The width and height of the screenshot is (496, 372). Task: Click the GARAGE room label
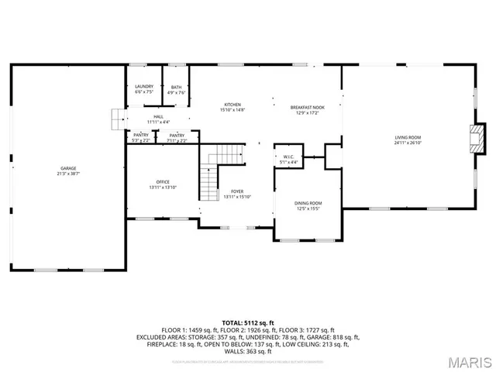68,168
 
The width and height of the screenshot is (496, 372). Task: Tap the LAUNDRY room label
144,86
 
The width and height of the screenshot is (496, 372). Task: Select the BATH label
177,87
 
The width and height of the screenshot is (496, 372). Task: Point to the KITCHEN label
232,105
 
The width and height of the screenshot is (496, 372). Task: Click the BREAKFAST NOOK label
308,107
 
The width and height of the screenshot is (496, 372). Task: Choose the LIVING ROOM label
408,137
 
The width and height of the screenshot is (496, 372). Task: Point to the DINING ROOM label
308,203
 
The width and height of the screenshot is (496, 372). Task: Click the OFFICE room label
163,182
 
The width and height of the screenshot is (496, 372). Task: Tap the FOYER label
237,191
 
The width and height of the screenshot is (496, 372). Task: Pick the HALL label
158,116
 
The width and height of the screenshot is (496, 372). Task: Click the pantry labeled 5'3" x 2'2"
139,138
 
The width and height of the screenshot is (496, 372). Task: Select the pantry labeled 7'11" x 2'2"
177,138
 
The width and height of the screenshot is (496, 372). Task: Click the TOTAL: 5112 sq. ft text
247,322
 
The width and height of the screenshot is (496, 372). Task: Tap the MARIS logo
468,361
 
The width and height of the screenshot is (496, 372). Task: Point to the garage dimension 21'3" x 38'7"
68,174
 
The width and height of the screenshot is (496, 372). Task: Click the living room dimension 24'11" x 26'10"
408,143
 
